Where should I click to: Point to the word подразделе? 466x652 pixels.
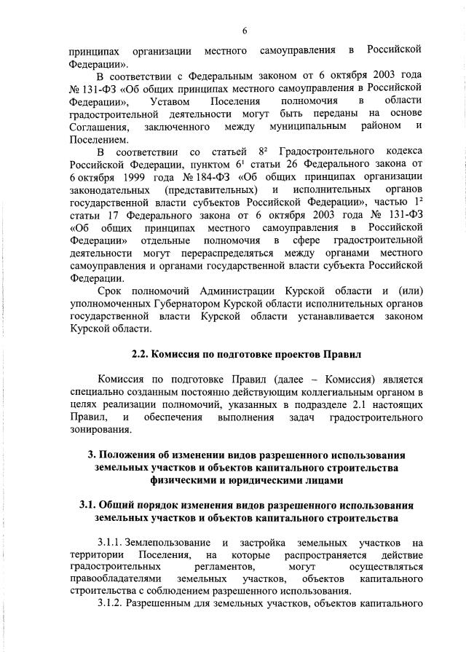click(293, 405)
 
